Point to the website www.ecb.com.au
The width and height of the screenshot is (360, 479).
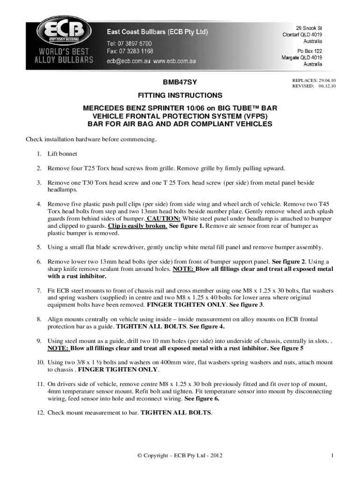(174, 61)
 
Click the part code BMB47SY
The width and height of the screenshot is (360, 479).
(180, 82)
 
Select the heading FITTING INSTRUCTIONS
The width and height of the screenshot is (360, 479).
(180, 95)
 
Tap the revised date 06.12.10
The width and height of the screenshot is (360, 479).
(328, 86)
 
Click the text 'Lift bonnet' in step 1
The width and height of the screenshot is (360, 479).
(62, 153)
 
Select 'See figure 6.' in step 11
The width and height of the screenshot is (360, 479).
(202, 399)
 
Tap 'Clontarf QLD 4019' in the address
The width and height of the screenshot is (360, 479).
(302, 35)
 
